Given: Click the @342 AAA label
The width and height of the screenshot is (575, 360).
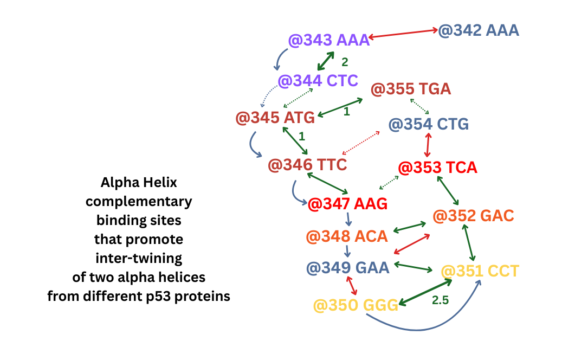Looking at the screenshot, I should (x=479, y=30).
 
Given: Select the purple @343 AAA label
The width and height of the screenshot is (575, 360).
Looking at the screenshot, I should (x=329, y=40).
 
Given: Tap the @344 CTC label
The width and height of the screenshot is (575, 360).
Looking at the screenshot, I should (x=318, y=81).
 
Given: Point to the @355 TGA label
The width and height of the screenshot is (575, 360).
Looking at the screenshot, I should (x=411, y=89).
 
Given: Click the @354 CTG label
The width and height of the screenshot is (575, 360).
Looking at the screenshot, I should (x=429, y=124).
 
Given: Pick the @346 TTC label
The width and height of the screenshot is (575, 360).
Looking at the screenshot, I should (x=307, y=164).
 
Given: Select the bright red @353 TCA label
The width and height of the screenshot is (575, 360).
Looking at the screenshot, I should (x=438, y=168).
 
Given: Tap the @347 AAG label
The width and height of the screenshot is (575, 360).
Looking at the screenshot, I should (x=347, y=204).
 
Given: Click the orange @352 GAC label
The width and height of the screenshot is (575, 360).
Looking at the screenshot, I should (x=473, y=216).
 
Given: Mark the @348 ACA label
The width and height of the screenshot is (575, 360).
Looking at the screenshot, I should (x=347, y=236).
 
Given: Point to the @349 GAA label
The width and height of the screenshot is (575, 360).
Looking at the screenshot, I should (x=347, y=268).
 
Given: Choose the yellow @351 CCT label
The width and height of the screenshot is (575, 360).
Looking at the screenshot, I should (x=480, y=271).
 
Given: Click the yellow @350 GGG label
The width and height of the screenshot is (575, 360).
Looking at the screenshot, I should (x=356, y=305).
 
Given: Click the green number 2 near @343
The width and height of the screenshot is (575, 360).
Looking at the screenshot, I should (x=345, y=62).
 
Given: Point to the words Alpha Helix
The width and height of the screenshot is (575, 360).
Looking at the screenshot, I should (x=139, y=182).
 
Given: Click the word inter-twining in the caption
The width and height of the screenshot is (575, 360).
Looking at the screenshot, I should (x=139, y=258).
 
